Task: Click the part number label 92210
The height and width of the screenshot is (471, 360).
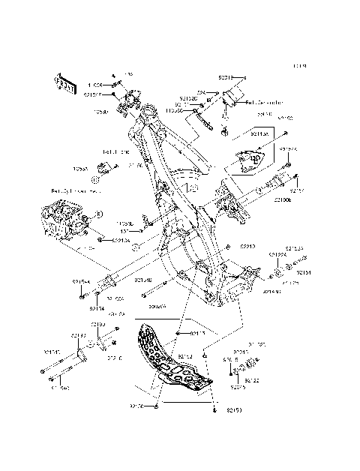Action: click(x=247, y=246)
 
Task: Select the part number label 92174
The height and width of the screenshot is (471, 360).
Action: click(x=97, y=308)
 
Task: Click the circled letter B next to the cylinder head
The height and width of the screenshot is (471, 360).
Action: click(x=96, y=215)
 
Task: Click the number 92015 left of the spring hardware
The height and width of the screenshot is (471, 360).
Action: click(x=238, y=388)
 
